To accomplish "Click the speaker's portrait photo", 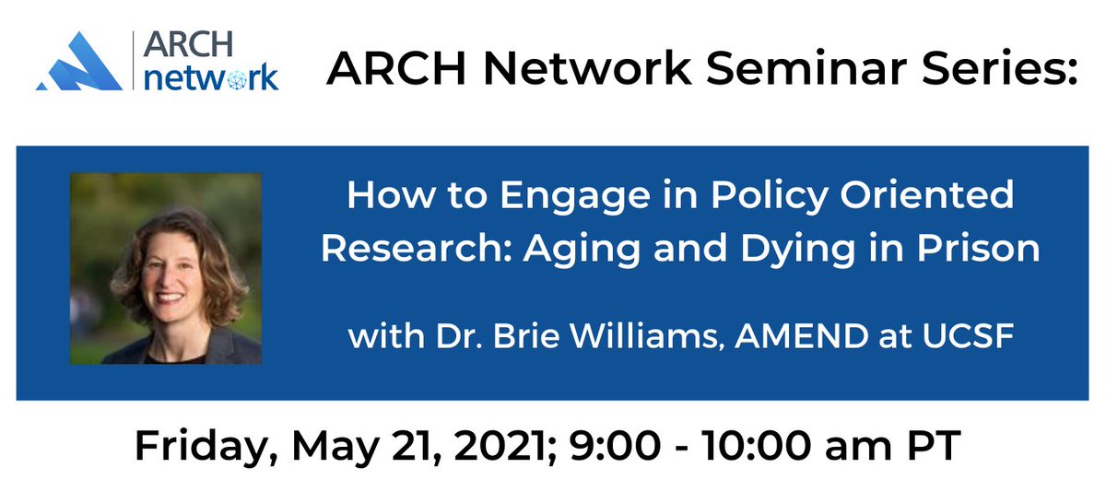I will click(166, 268).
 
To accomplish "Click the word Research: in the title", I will click(421, 250).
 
